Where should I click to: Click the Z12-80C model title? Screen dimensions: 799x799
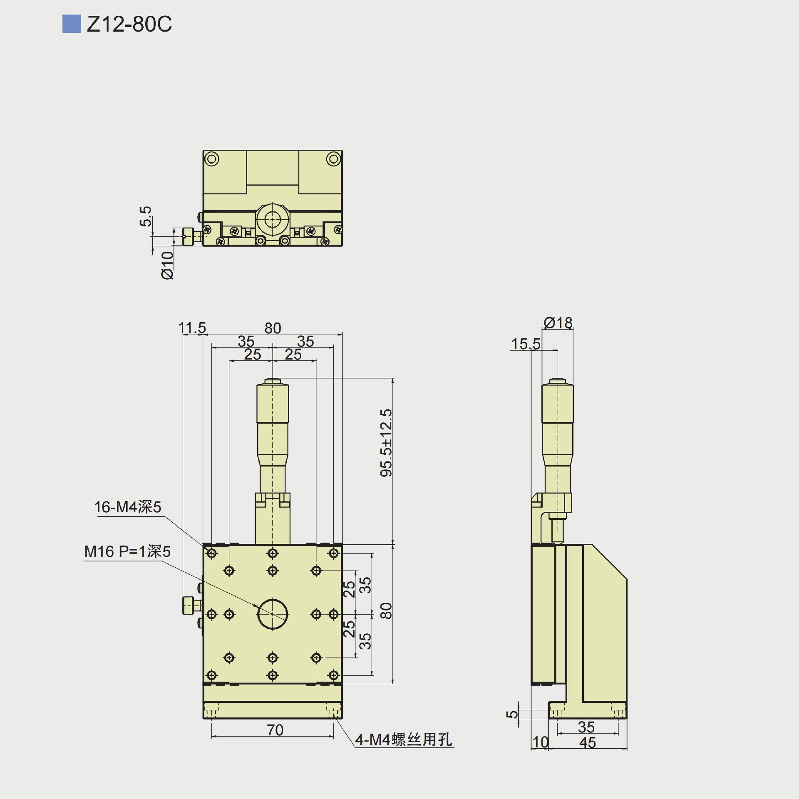point(129,24)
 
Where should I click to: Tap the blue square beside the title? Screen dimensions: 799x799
point(72,24)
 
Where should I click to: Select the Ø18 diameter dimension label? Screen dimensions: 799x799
point(558,323)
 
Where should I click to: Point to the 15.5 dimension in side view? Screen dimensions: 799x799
point(526,344)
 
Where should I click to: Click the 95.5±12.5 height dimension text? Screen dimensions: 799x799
point(386,443)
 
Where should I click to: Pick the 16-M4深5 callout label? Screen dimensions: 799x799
point(127,507)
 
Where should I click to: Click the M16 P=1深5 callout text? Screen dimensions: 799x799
point(127,552)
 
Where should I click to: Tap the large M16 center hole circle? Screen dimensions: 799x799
point(273,614)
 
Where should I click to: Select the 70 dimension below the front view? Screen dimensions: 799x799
point(275,730)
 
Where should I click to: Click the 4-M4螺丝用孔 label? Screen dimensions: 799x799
point(404,739)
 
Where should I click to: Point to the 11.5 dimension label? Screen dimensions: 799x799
point(192,328)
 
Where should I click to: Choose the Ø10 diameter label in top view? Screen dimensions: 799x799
point(167,265)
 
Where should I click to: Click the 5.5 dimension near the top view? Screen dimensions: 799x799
point(145,216)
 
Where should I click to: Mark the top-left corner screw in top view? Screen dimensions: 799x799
point(212,159)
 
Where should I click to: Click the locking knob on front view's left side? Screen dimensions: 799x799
point(188,605)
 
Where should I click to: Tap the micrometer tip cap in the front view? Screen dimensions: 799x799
point(273,381)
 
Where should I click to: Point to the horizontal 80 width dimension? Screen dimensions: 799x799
point(273,328)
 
